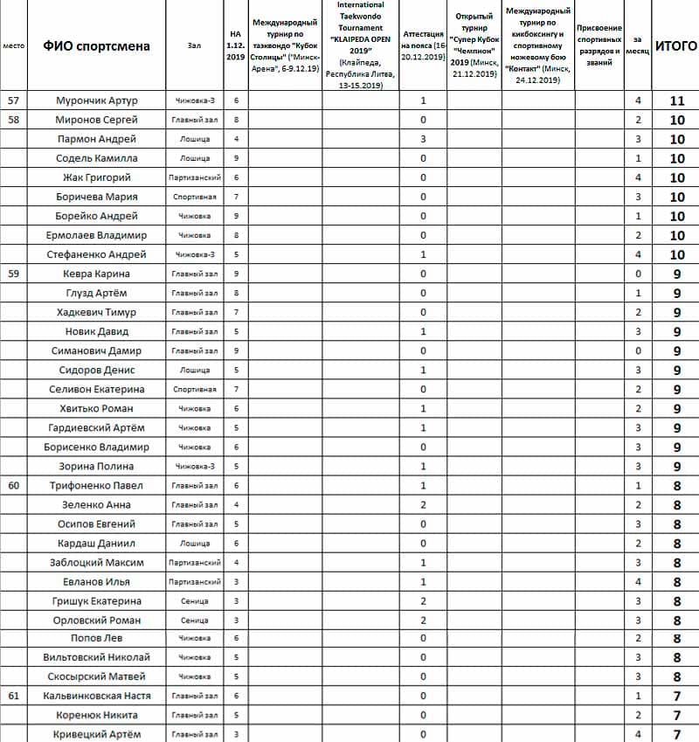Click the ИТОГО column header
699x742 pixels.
pos(675,45)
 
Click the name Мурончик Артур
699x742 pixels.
pos(96,101)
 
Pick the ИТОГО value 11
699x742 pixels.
pos(676,101)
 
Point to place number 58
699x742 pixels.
pos(13,120)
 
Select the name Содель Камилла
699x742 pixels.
pos(96,158)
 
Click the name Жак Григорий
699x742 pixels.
pos(96,177)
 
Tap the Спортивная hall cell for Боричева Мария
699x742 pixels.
pos(193,197)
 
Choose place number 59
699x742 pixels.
pos(13,274)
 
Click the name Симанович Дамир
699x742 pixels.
pos(96,350)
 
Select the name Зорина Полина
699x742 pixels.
pos(96,466)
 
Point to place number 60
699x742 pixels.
pos(13,485)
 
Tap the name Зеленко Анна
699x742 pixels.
pos(96,504)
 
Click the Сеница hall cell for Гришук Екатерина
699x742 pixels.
pos(193,600)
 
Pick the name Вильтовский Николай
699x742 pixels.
pos(96,657)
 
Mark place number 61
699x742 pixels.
pos(13,696)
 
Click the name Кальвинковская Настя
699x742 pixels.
pos(96,696)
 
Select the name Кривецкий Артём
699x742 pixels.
pos(96,734)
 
